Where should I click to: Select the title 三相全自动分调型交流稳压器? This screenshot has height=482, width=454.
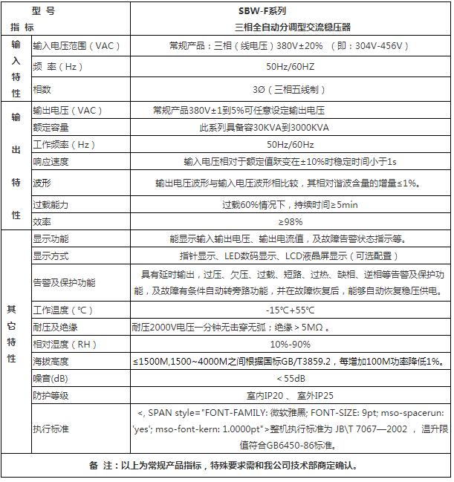click(291, 27)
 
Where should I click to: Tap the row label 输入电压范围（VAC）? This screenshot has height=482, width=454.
click(77, 46)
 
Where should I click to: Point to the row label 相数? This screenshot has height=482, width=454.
click(42, 89)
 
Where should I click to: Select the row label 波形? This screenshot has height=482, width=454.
click(42, 183)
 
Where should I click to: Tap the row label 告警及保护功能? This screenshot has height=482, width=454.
click(64, 283)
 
